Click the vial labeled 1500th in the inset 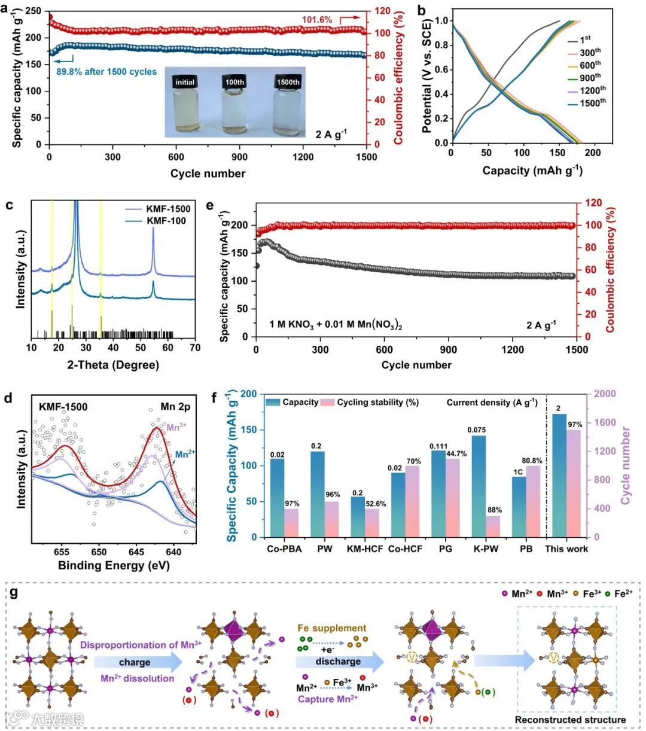pyautogui.click(x=287, y=106)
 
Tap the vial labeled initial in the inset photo pyautogui.click(x=185, y=106)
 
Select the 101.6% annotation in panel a pyautogui.click(x=316, y=20)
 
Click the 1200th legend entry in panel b pyautogui.click(x=592, y=90)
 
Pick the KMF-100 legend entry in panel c pyautogui.click(x=166, y=221)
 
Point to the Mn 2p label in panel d pyautogui.click(x=175, y=407)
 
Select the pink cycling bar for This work pyautogui.click(x=574, y=483)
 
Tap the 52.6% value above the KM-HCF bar pyautogui.click(x=375, y=504)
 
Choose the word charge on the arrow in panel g pyautogui.click(x=135, y=662)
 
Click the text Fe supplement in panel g pyautogui.click(x=331, y=628)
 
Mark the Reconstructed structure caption pyautogui.click(x=570, y=720)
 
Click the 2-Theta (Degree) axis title pyautogui.click(x=113, y=365)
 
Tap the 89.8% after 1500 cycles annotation pyautogui.click(x=106, y=72)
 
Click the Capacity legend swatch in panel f pyautogui.click(x=273, y=403)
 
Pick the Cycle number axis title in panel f pyautogui.click(x=626, y=465)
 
